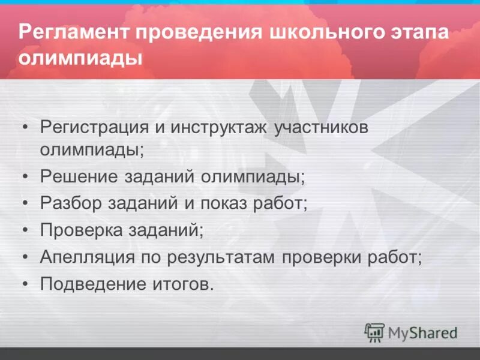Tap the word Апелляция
[84, 257]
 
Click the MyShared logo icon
[374, 332]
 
